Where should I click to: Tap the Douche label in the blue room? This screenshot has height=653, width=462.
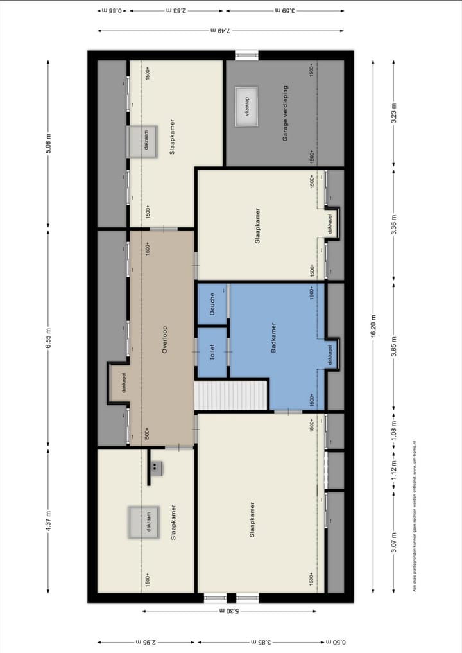[x=212, y=304]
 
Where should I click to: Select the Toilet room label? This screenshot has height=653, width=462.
[x=212, y=353]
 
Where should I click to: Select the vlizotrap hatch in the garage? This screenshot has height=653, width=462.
[x=246, y=110]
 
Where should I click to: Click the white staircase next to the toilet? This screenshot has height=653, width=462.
[x=230, y=395]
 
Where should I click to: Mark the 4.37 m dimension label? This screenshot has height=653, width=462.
[x=48, y=524]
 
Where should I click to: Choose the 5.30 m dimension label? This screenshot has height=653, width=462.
[x=229, y=611]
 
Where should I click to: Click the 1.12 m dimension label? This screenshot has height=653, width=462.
[x=395, y=471]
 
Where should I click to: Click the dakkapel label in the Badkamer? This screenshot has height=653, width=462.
[x=330, y=354]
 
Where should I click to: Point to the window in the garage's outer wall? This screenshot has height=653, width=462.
[x=246, y=55]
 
